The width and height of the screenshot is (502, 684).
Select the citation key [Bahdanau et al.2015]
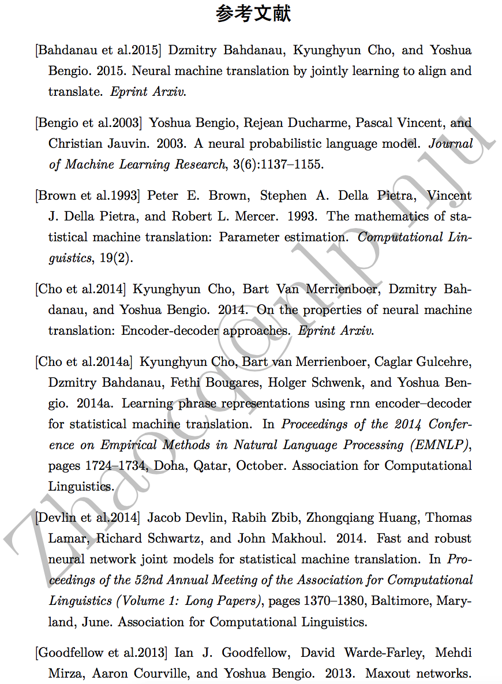(x=98, y=50)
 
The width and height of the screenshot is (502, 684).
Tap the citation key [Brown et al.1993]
(x=88, y=196)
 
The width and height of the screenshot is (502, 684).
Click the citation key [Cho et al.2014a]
(x=84, y=362)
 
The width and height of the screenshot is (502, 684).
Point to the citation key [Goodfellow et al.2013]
(x=102, y=653)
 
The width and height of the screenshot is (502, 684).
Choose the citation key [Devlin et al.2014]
(x=87, y=518)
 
